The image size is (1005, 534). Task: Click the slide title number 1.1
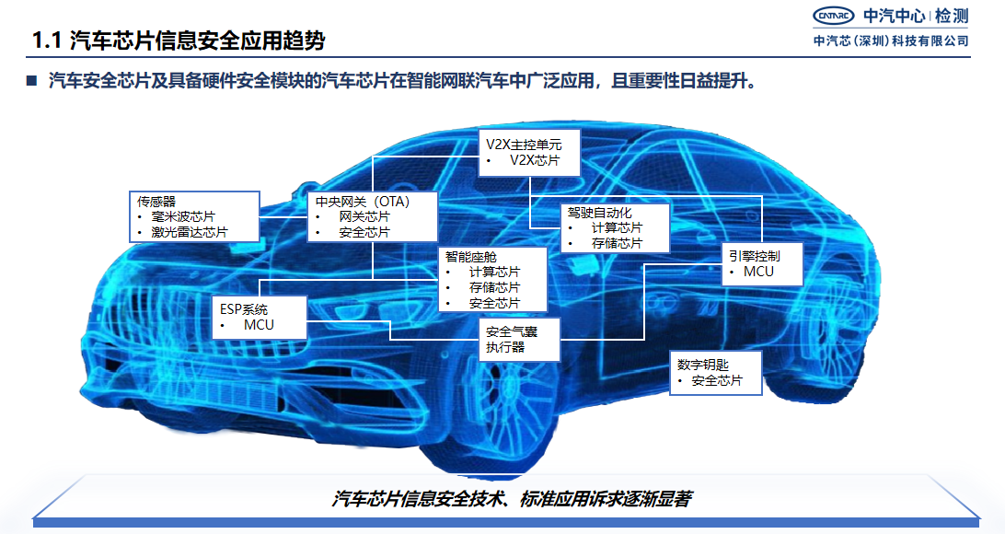[x=46, y=41]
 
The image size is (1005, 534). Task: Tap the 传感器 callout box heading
[x=157, y=201]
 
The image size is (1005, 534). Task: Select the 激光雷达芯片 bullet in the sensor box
[x=190, y=232]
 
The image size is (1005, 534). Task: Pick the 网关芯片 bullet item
[x=364, y=216]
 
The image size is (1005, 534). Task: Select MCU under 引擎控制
[x=759, y=272]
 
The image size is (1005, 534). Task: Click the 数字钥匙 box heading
[x=703, y=365]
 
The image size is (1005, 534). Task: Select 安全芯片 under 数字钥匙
[x=717, y=380]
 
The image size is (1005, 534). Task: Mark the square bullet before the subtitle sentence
[x=30, y=81]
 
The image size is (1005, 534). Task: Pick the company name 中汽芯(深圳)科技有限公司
[x=892, y=41]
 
